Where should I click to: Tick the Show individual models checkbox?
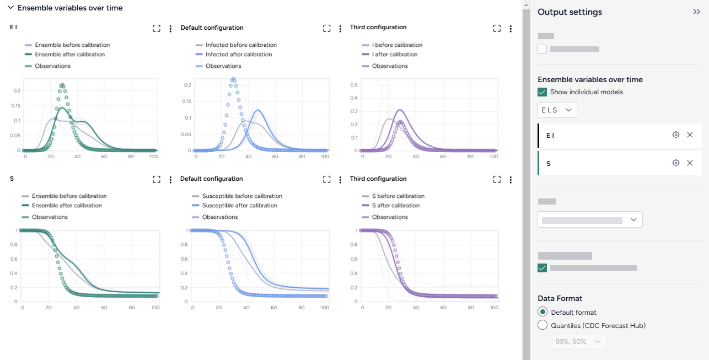543,92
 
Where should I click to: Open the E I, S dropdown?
557,110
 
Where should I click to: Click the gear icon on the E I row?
675,135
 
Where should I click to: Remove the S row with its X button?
690,163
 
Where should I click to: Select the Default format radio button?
543,312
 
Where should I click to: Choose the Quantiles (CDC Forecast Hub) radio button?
543,325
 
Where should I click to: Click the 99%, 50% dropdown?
578,342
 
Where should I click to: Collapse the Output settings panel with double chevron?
696,12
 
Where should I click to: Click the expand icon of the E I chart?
157,29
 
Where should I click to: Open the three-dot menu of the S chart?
170,180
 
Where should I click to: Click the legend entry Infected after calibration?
239,55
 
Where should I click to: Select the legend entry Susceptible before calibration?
242,196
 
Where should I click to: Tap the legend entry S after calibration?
395,206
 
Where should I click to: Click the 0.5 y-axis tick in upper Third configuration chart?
353,85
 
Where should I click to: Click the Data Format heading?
560,298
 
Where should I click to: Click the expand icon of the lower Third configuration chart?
497,180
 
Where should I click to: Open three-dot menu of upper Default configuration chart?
341,29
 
